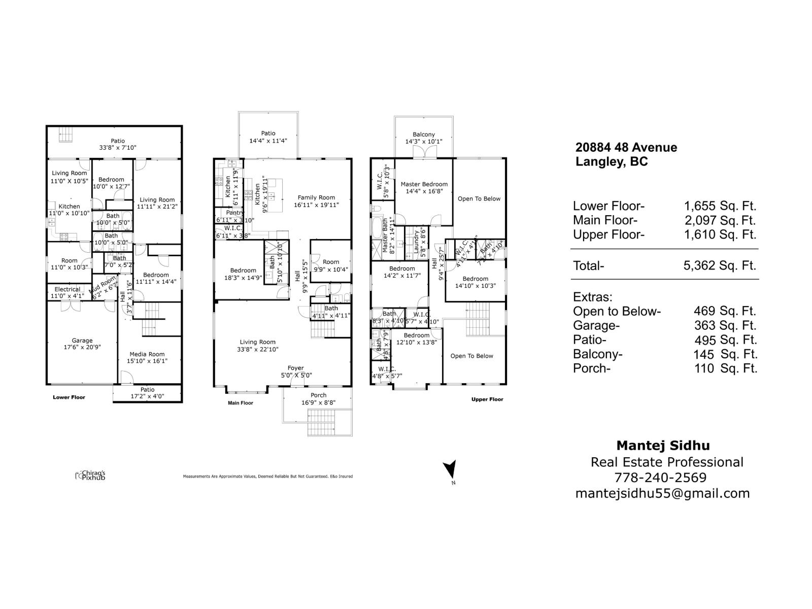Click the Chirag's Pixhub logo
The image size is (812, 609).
pyautogui.click(x=90, y=475)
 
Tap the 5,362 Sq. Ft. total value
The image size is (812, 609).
pyautogui.click(x=720, y=265)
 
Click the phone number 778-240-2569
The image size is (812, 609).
pyautogui.click(x=660, y=478)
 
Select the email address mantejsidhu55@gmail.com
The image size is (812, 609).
pyautogui.click(x=662, y=493)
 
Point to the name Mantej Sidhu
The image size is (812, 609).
pyautogui.click(x=663, y=446)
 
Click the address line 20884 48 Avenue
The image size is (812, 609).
pyautogui.click(x=626, y=148)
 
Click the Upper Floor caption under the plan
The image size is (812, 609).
pyautogui.click(x=487, y=399)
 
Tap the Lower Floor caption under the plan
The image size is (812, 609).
pyautogui.click(x=69, y=397)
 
